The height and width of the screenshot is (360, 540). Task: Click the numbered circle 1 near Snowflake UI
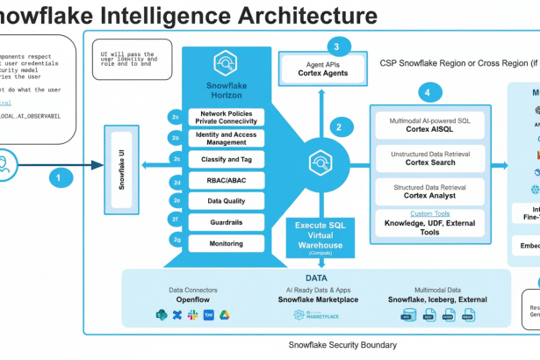point(60,176)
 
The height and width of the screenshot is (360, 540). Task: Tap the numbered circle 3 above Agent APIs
point(335,46)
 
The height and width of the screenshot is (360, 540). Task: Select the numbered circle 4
point(428,92)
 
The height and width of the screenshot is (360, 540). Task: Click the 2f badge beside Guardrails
point(176,221)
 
